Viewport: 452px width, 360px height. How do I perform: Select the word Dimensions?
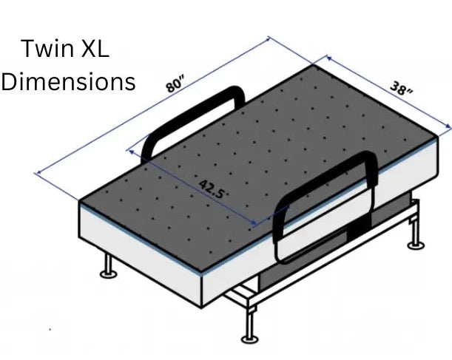69,81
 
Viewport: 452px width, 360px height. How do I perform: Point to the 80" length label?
175,83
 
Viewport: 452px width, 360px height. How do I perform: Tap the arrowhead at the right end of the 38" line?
448,127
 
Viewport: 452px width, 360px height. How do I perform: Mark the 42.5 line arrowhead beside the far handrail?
134,151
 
